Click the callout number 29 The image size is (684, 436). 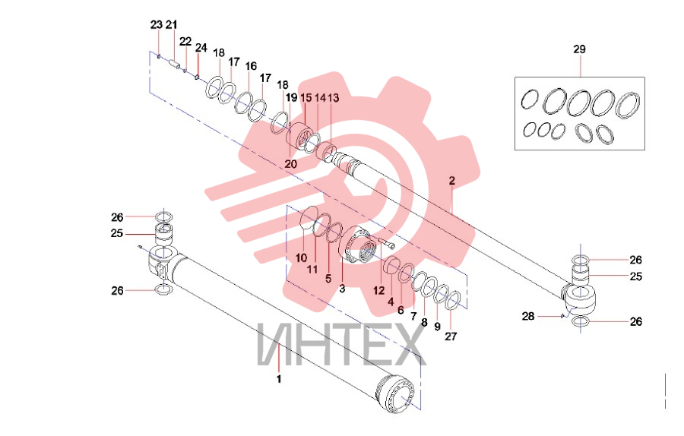coord(579,49)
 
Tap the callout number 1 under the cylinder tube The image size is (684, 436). coord(279,379)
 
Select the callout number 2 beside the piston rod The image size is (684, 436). coord(452,181)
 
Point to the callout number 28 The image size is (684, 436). coord(528,316)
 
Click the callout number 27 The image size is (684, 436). coord(451,336)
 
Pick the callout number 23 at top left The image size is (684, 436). coord(156,25)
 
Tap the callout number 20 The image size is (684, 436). coord(290,164)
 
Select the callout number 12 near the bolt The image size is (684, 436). coord(379,290)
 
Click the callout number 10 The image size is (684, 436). coord(302,258)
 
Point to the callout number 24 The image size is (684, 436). coord(201,48)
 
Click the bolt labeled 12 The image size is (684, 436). coord(385,242)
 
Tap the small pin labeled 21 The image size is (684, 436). coord(175,65)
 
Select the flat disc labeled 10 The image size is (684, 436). coord(309,217)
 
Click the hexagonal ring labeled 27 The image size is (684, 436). coord(453,300)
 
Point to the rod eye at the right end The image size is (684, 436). coord(579,299)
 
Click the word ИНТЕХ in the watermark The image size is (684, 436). coord(341,344)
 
